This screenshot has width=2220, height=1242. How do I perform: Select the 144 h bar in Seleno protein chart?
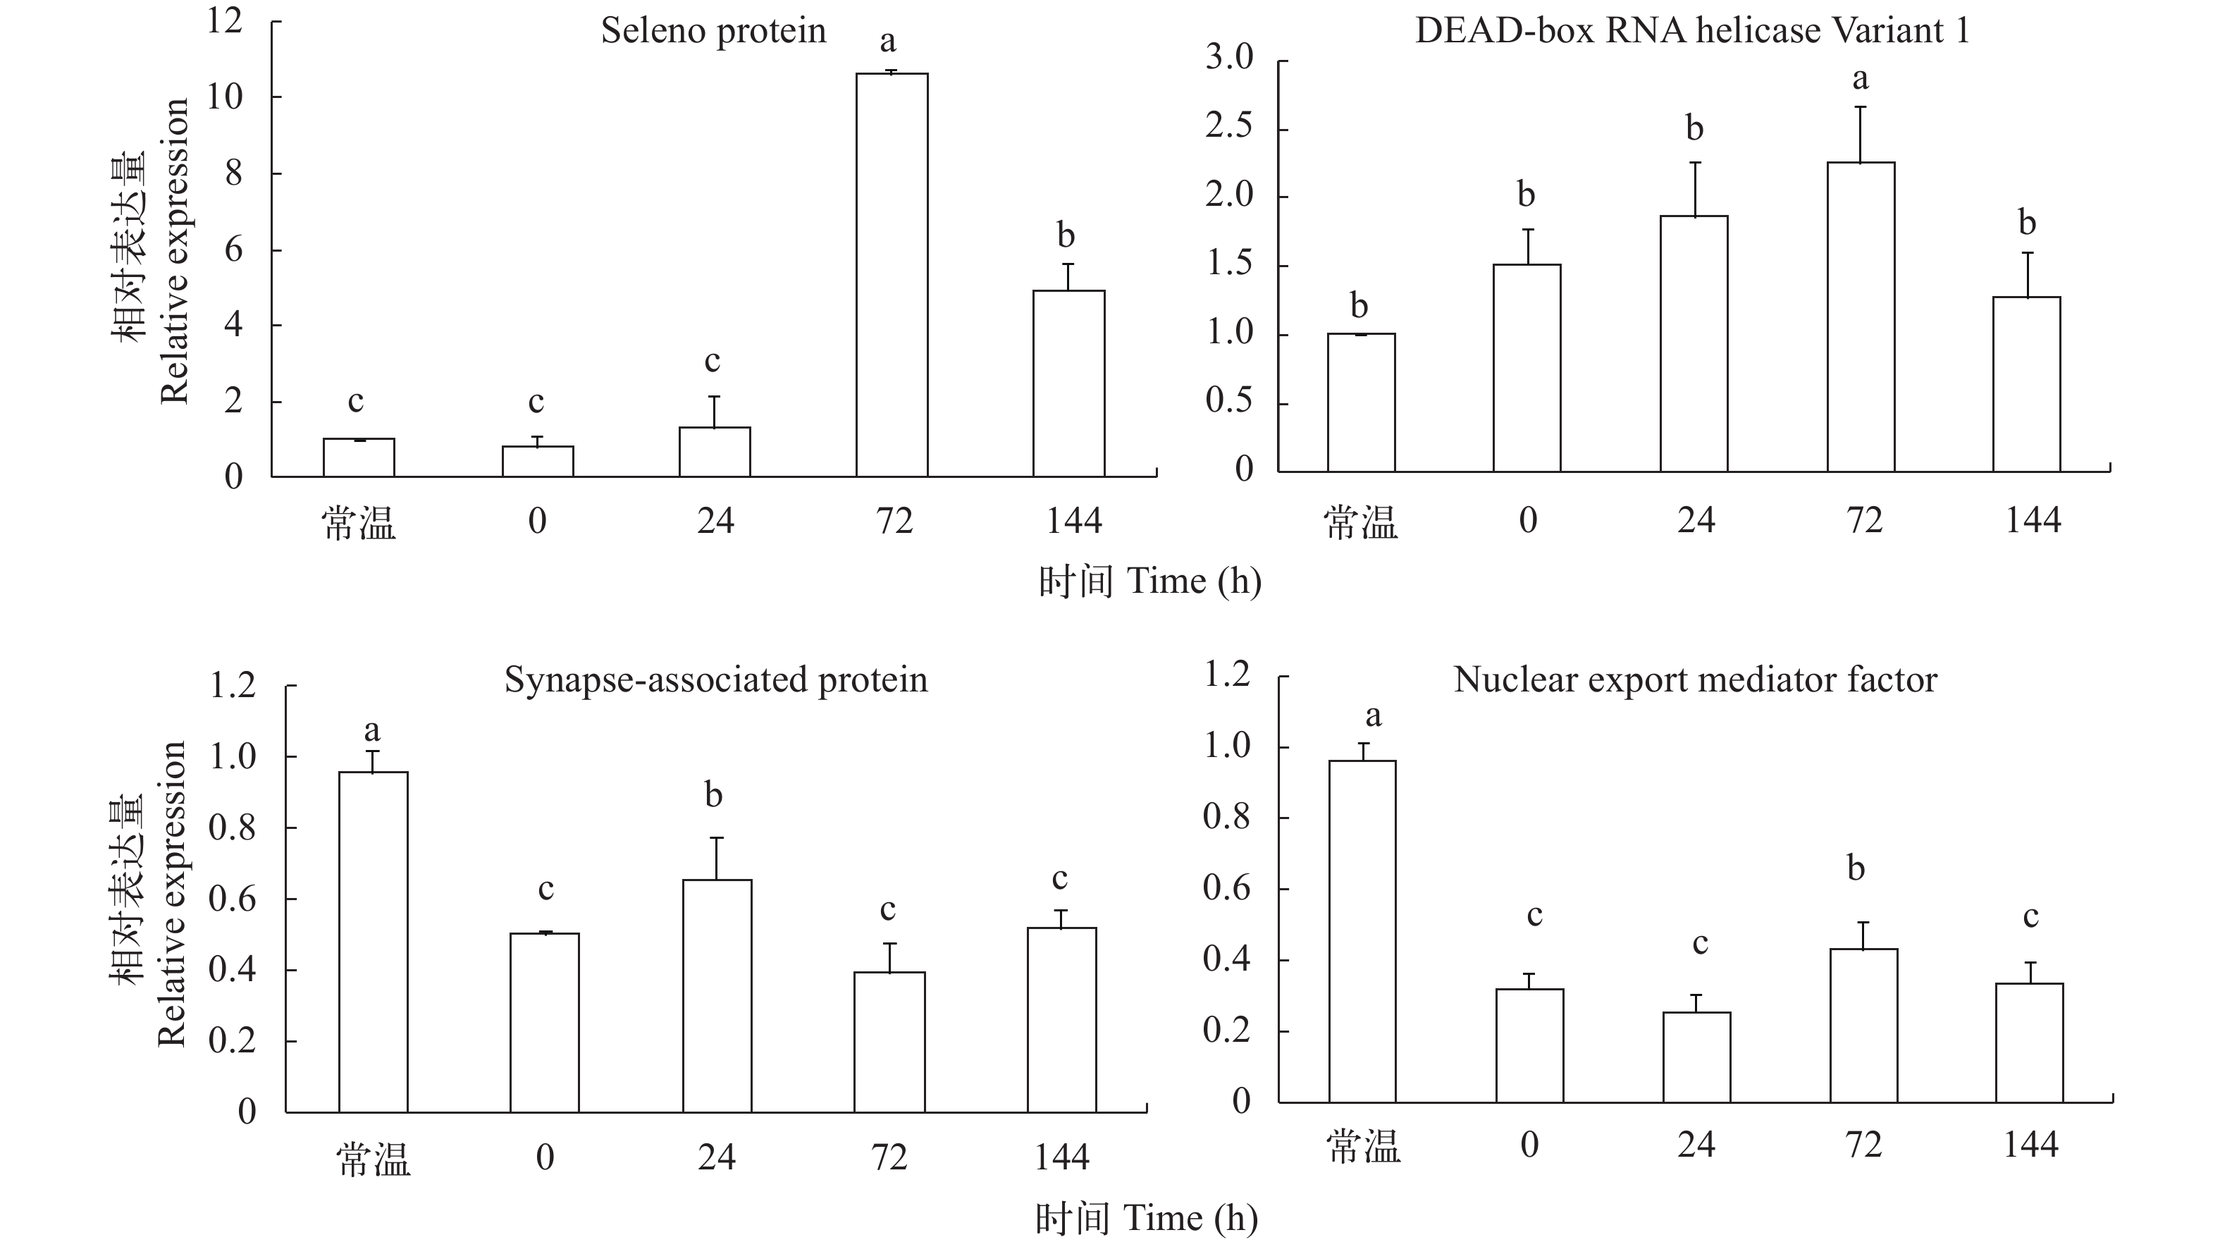(1068, 383)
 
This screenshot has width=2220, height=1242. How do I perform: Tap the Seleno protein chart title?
(713, 32)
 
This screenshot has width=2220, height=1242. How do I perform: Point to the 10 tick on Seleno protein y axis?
(225, 97)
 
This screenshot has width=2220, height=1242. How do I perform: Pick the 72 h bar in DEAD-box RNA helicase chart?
(1861, 317)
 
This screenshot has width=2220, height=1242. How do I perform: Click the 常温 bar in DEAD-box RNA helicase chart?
(1361, 402)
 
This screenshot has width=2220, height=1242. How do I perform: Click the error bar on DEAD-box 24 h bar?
(1694, 189)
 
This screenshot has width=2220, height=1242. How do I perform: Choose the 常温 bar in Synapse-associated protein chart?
(373, 941)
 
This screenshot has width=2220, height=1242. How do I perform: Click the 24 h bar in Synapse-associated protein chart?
(717, 995)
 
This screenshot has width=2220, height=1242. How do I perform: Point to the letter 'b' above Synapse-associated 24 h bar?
(713, 794)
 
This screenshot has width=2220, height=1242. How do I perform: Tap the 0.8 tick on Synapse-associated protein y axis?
(233, 828)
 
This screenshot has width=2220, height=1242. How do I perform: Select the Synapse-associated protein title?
(715, 680)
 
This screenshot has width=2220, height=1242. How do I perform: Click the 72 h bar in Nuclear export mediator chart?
(1863, 1026)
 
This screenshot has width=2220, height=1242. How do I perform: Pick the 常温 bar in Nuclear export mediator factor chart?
(1362, 931)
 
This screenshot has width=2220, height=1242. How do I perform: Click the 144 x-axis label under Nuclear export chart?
(2030, 1145)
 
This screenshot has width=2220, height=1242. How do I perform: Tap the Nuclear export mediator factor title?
(1695, 680)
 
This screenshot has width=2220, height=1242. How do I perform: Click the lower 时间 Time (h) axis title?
(1146, 1219)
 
